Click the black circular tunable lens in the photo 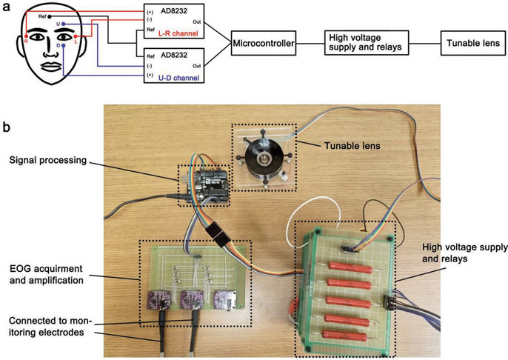pyautogui.click(x=262, y=156)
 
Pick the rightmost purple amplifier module pyautogui.click(x=224, y=298)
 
